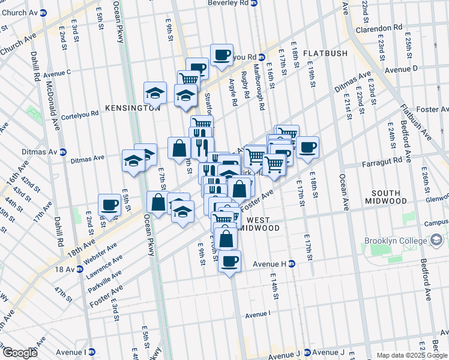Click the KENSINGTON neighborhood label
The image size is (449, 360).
pos(124,108)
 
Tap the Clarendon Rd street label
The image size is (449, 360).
pos(382,28)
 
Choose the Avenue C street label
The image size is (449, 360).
pos(57,73)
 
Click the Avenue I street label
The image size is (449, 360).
pos(258,313)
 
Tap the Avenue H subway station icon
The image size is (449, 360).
pos(291,263)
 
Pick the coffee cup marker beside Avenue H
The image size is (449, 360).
pos(229,261)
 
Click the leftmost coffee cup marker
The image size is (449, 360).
pos(109,205)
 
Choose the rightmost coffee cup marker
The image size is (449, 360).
pos(307,147)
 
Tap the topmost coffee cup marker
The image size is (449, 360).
pos(221,55)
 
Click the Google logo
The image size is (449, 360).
pos(20,352)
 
